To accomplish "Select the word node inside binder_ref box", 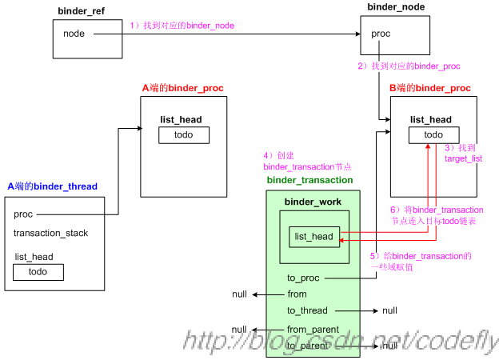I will coord(74,34).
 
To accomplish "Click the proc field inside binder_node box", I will coord(381,34).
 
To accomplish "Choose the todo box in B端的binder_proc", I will coord(433,135).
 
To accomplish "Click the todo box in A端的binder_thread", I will coord(38,272).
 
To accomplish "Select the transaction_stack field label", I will coord(50,234).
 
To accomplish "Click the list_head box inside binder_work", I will coord(313,236).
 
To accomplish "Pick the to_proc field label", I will coord(303,278).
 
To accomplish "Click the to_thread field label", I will coord(307,310).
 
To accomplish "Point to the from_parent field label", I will coord(313,330).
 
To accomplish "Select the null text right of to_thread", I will coord(389,310).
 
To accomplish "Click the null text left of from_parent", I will coord(239,330).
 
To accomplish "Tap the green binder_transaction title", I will coord(310,181).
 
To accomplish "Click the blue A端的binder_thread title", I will coord(53,186).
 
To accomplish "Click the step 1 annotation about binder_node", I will coord(182,26).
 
